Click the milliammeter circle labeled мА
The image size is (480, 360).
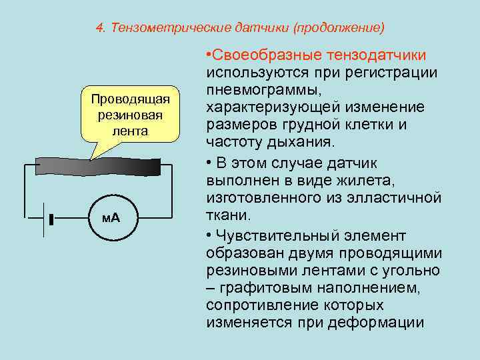point(111,218)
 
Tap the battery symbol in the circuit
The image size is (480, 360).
point(47,218)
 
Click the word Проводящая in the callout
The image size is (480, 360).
point(131,99)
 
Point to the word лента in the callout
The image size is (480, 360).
point(130,131)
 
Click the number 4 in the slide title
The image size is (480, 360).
point(99,29)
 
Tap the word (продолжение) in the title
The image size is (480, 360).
point(340,29)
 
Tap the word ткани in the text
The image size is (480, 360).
point(227,215)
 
